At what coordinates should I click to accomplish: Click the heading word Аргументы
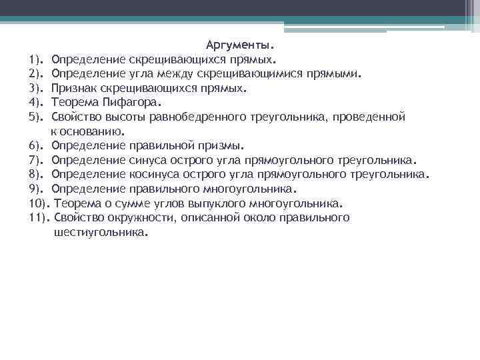point(240,45)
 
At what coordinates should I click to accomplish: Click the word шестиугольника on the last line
point(99,233)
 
